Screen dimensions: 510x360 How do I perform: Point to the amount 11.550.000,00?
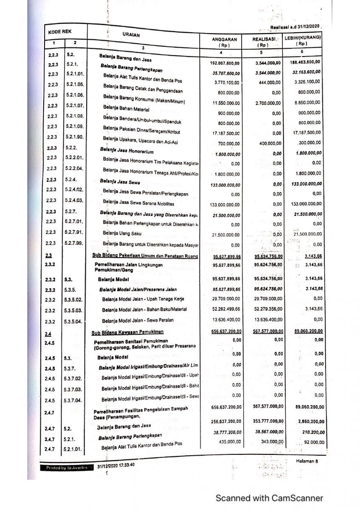click(226, 103)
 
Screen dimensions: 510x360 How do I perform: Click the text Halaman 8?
click(307, 462)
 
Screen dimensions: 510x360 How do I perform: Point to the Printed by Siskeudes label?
click(66, 467)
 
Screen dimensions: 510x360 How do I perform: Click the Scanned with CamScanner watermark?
click(269, 498)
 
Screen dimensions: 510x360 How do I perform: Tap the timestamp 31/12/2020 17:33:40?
click(116, 465)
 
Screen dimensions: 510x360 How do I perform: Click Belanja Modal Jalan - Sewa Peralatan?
click(138, 320)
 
